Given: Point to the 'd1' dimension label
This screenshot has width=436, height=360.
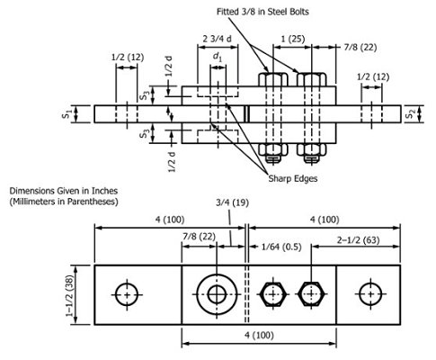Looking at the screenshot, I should coord(217,58).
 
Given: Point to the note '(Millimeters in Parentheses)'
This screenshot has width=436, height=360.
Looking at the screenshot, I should coord(65,203).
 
